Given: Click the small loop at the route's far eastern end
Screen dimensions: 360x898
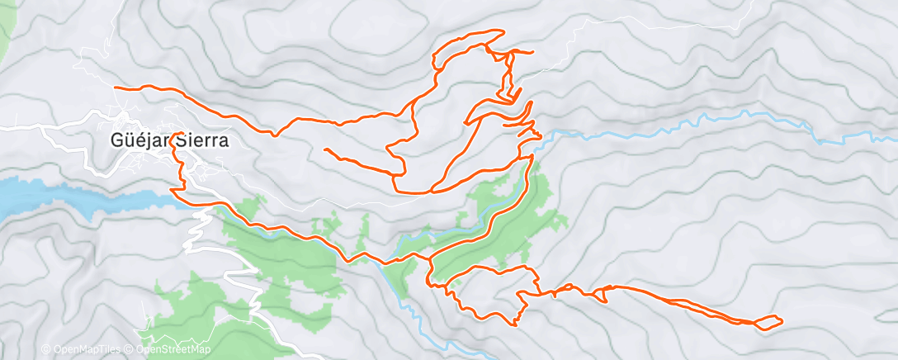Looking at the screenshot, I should click(x=768, y=322).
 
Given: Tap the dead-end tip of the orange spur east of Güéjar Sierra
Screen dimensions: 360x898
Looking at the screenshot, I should click(x=325, y=149).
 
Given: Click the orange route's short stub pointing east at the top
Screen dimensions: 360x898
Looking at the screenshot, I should click(x=532, y=52).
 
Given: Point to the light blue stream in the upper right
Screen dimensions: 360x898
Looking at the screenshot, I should click(x=702, y=121).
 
